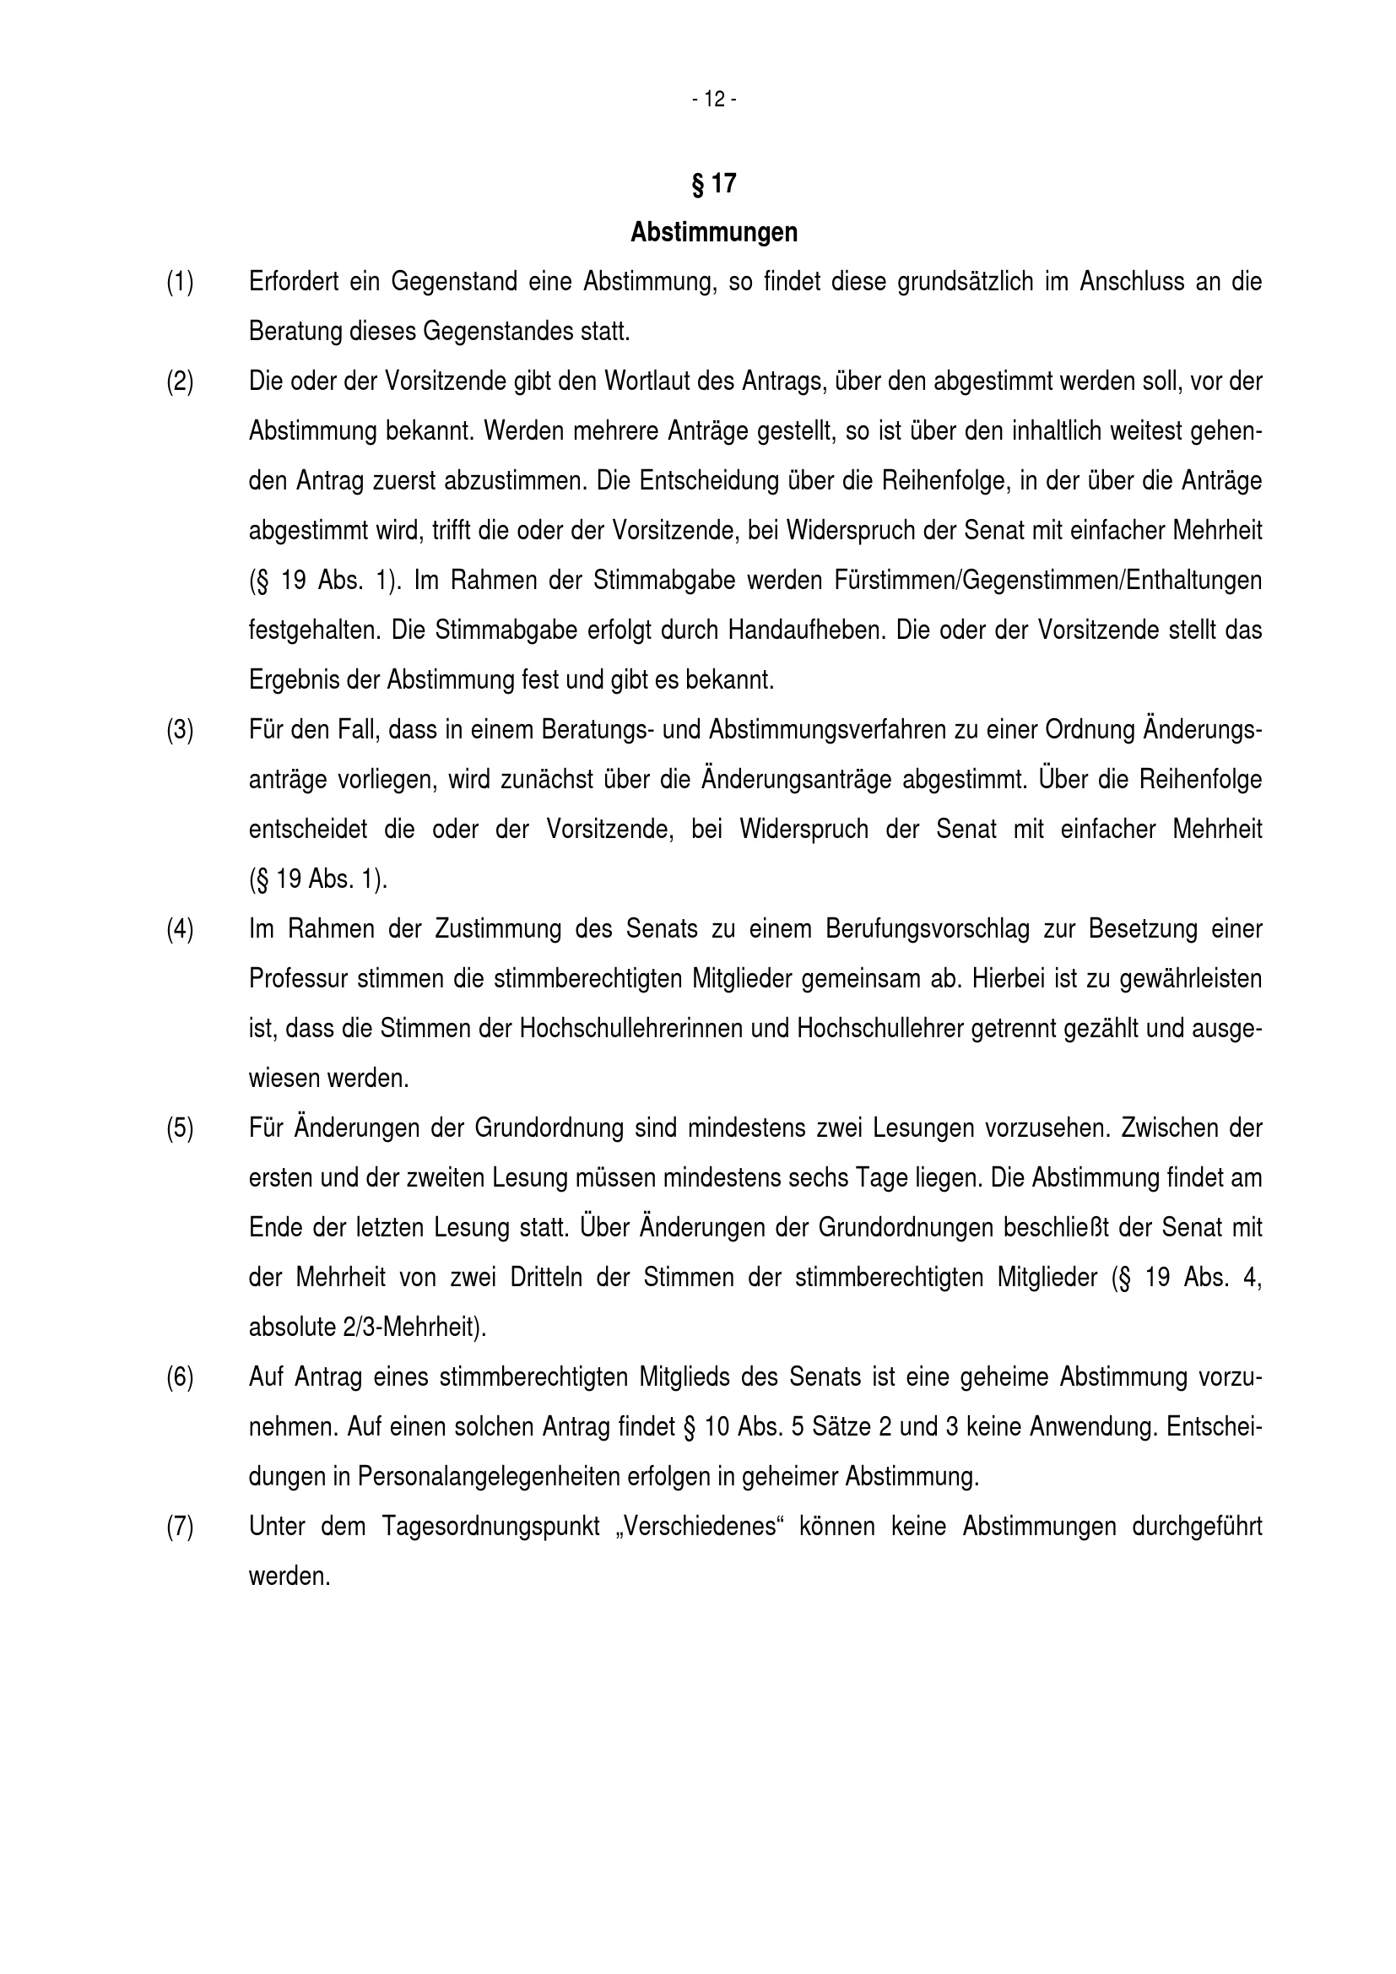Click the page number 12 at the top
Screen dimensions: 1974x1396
[713, 100]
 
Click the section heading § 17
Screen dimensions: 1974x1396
[713, 183]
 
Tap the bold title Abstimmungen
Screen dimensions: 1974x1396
[713, 232]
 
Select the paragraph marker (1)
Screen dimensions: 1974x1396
[180, 282]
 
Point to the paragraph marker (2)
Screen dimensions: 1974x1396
[180, 381]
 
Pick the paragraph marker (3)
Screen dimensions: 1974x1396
[180, 730]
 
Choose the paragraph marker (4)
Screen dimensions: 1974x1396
[180, 929]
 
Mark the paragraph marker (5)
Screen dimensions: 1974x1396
[180, 1128]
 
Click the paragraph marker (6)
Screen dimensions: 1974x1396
[180, 1377]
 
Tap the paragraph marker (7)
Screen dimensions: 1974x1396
[180, 1527]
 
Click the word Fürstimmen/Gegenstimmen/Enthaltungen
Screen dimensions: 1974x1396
[1047, 581]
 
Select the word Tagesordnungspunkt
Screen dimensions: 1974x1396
[490, 1527]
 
